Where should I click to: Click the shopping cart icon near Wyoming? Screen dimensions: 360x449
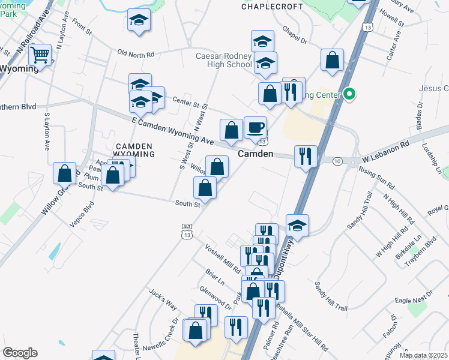click(40, 55)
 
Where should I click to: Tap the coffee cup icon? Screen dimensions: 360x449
click(255, 127)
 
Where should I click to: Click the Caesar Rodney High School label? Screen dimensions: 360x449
click(223, 60)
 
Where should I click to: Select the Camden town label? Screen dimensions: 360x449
click(256, 154)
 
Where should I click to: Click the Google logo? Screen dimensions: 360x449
click(20, 353)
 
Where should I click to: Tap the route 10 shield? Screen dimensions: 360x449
click(337, 161)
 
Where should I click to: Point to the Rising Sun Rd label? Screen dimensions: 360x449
click(377, 178)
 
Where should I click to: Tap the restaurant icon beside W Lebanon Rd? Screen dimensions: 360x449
click(306, 157)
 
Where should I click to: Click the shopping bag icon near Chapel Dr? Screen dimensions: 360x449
click(332, 61)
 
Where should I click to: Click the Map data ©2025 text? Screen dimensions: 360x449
click(423, 355)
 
